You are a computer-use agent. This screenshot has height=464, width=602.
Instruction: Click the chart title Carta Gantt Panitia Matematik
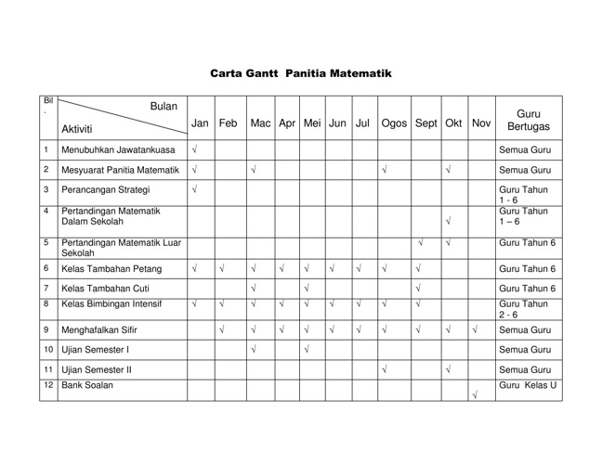pyautogui.click(x=301, y=72)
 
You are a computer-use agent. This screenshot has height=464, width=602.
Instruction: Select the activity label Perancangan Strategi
pyautogui.click(x=104, y=195)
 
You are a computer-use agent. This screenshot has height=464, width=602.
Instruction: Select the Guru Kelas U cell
pyautogui.click(x=528, y=383)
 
